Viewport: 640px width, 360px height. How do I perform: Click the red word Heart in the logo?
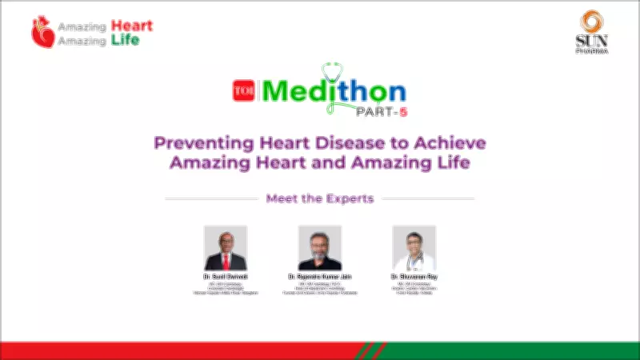pyautogui.click(x=132, y=26)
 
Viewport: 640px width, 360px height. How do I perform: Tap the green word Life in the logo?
pyautogui.click(x=124, y=39)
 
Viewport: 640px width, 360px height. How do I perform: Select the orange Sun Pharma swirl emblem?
pyautogui.click(x=593, y=22)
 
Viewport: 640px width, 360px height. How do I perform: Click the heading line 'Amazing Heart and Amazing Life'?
pyautogui.click(x=320, y=162)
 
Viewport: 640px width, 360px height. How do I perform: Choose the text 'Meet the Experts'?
pyautogui.click(x=320, y=198)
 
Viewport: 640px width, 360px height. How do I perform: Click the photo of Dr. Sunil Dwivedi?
pyautogui.click(x=226, y=248)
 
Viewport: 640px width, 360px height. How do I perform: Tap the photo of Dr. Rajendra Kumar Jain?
pyautogui.click(x=320, y=248)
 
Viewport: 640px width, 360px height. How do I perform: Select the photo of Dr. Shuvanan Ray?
pyautogui.click(x=414, y=248)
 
